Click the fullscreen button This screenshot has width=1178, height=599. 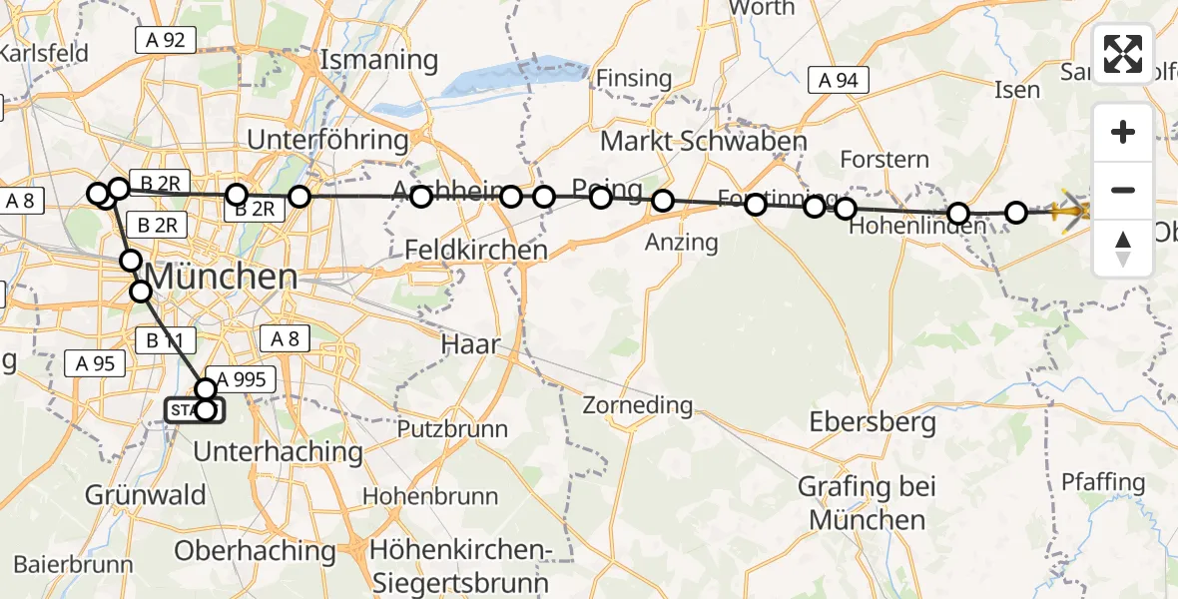(1123, 54)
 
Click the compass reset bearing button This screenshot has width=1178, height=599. (1123, 249)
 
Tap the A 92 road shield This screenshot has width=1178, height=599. (166, 40)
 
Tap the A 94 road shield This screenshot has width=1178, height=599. (839, 81)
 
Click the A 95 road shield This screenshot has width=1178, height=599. (96, 364)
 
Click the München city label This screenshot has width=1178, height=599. (223, 277)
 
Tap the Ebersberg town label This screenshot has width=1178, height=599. (874, 422)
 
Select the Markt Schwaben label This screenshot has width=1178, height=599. (703, 141)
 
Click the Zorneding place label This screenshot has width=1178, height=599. (638, 405)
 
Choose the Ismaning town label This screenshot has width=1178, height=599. (379, 60)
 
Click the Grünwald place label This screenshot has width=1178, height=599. (146, 494)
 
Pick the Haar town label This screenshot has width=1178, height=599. (468, 343)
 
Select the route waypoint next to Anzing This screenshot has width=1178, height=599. (663, 202)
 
